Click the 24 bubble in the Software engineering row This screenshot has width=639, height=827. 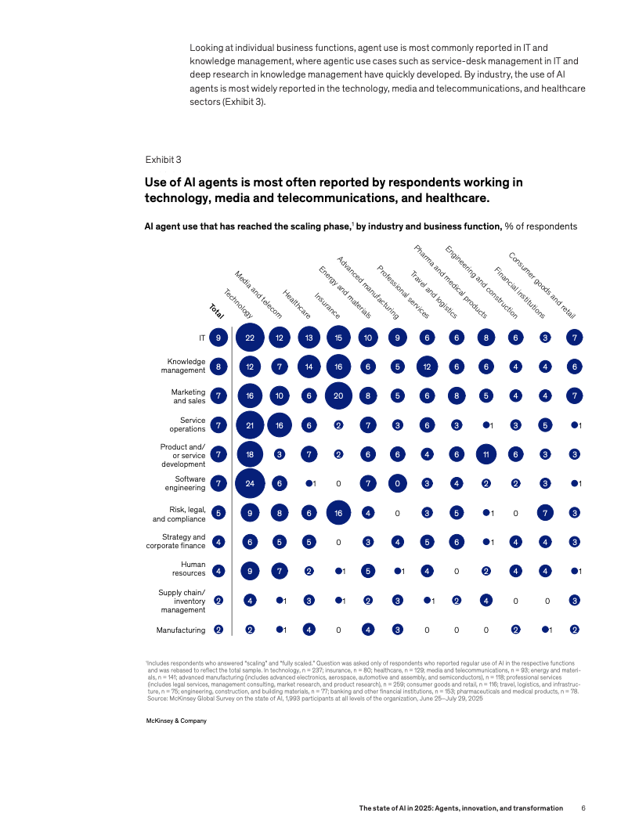click(x=250, y=483)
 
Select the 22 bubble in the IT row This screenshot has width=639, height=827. click(x=250, y=338)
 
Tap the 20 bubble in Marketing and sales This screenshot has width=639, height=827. click(x=339, y=395)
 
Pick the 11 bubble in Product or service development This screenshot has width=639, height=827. click(x=486, y=454)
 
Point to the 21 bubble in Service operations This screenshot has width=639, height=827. click(x=250, y=425)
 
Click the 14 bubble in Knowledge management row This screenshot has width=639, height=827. click(x=309, y=367)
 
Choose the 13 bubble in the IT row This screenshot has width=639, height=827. click(x=309, y=338)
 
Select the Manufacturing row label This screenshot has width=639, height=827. click(x=181, y=630)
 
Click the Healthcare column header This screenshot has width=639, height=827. click(x=297, y=304)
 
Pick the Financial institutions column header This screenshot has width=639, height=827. click(x=519, y=293)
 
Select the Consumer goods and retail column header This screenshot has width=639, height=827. click(x=542, y=284)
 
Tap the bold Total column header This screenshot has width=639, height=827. click(x=216, y=310)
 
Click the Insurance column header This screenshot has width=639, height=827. click(x=327, y=306)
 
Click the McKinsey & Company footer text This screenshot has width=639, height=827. click(x=171, y=720)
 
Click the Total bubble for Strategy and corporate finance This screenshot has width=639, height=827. click(x=219, y=542)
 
